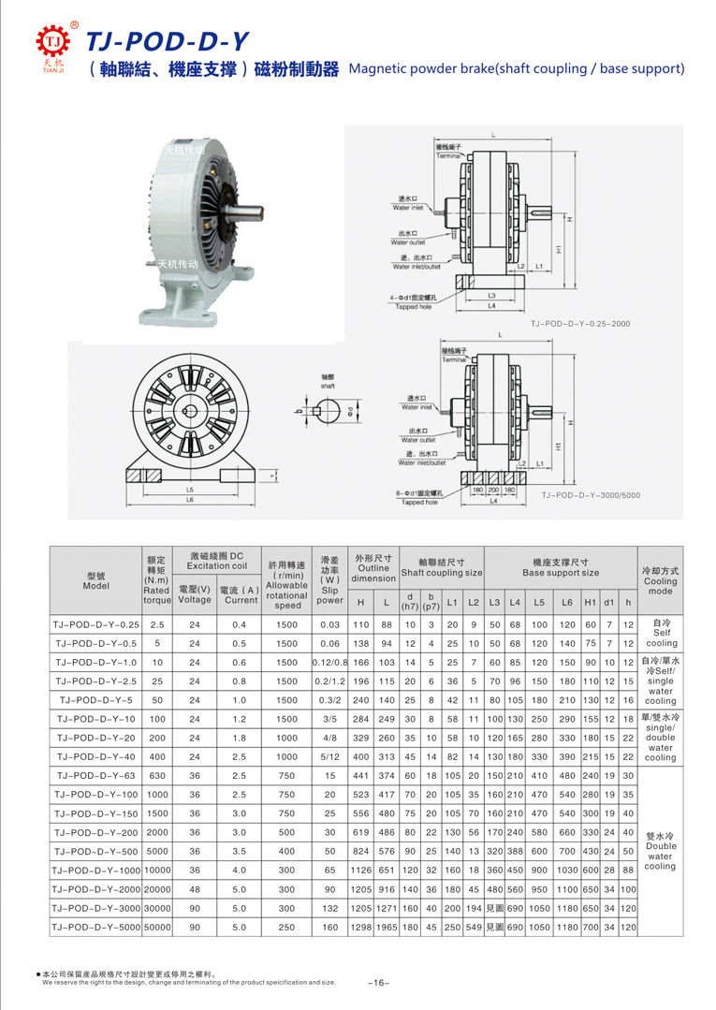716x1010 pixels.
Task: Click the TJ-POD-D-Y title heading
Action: pos(167,39)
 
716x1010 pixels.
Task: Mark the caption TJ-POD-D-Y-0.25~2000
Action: pos(580,323)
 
